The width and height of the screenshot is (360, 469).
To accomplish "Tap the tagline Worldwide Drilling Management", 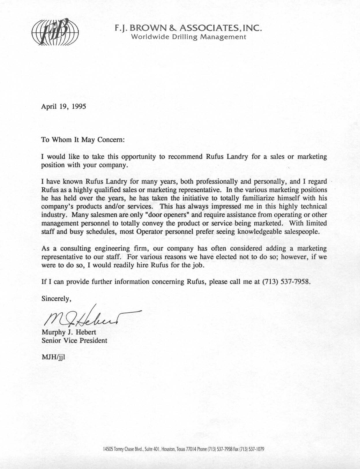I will coord(189,37).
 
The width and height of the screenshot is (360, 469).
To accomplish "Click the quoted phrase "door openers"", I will coord(165,215).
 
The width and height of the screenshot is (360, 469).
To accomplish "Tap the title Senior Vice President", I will coord(74,340).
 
